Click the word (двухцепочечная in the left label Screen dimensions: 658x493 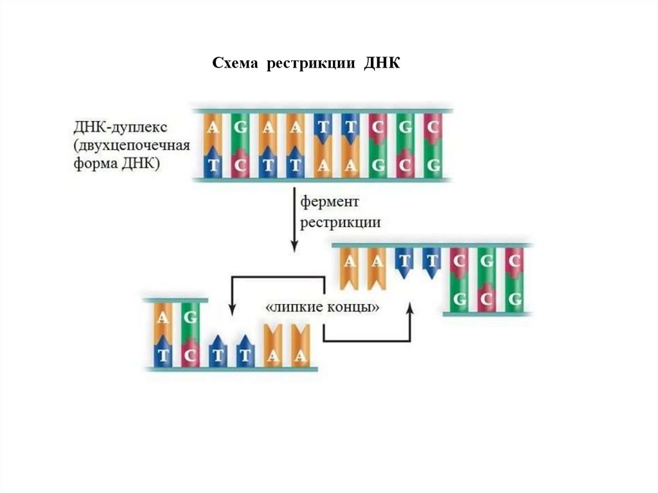point(131,145)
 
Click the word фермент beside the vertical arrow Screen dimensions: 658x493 point(331,202)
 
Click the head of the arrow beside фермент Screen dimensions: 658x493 point(294,247)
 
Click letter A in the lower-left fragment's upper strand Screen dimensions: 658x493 point(163,318)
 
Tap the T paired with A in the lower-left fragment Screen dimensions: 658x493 point(163,355)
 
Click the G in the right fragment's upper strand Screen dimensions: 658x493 point(488,261)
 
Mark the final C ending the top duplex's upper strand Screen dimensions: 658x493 point(432,127)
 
